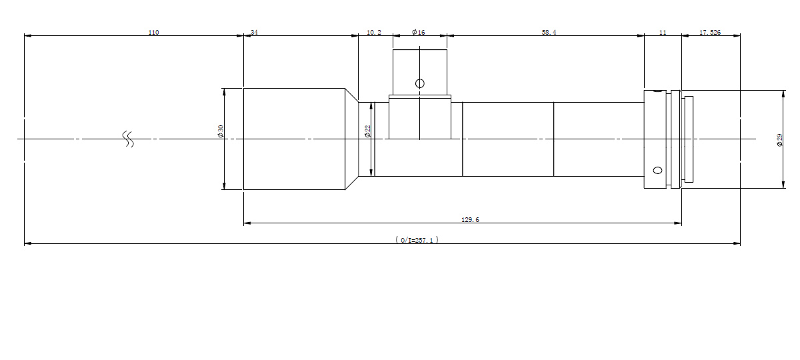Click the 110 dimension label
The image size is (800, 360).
[153, 33]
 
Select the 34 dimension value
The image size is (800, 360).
[254, 33]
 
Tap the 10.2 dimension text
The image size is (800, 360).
[374, 33]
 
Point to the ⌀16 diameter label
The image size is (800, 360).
[419, 33]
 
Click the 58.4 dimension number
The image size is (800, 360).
[549, 33]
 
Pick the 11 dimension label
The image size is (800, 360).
[663, 33]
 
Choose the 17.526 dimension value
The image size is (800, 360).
[710, 33]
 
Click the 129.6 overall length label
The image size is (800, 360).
[471, 219]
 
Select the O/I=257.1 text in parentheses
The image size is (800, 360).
[417, 240]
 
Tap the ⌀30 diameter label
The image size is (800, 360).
[221, 131]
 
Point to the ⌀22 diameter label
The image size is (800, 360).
[367, 131]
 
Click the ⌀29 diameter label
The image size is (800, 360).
[779, 139]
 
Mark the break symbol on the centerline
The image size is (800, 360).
[128, 139]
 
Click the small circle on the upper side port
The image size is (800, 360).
[420, 83]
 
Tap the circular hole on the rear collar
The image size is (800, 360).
[657, 171]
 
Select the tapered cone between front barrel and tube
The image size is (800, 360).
[352, 139]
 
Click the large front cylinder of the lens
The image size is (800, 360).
[294, 139]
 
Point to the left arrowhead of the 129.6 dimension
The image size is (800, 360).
[247, 223]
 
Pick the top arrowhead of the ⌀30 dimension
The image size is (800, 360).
[224, 92]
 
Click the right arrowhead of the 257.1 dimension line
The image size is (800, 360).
[737, 243]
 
